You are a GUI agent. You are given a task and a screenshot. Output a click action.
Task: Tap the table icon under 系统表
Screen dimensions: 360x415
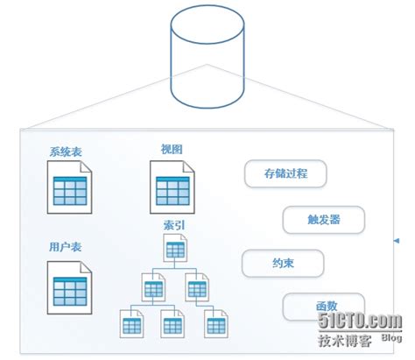tap(70, 190)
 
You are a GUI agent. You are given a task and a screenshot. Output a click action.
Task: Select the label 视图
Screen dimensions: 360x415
tap(172, 148)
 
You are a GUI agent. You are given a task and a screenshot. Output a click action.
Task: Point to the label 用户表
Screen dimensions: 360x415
tap(64, 246)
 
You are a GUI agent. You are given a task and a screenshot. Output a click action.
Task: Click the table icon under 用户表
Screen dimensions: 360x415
tap(70, 288)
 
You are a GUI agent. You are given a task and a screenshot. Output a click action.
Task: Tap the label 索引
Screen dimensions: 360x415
tap(173, 225)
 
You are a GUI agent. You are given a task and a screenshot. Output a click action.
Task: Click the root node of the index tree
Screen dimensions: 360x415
tap(174, 250)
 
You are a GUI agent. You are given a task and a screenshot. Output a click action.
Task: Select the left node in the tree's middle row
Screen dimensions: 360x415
tap(153, 286)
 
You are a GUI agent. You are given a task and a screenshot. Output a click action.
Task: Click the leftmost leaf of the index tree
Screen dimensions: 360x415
tap(131, 324)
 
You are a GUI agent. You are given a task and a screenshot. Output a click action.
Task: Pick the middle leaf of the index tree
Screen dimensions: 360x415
tap(172, 324)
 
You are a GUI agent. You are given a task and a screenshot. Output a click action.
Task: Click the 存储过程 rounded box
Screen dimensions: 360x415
tap(285, 174)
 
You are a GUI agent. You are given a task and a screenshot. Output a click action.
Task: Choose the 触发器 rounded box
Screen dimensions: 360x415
tap(323, 219)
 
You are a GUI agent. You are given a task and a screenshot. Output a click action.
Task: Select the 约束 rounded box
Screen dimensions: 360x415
tap(284, 262)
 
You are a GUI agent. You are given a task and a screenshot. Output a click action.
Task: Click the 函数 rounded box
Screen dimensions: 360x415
tap(324, 307)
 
